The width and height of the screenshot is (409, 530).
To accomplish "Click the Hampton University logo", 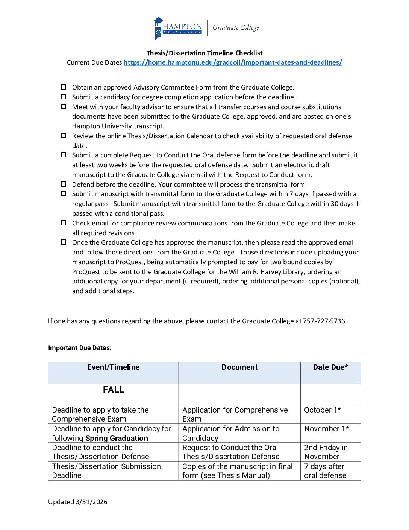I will pos(177,27).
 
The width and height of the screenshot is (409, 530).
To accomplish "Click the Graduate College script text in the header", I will pos(236,27).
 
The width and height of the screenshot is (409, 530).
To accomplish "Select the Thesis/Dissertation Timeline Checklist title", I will pos(204,53).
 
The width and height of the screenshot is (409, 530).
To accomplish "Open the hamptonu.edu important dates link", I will pos(233,62).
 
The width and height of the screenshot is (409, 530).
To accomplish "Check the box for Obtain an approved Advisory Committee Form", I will pos(64,87).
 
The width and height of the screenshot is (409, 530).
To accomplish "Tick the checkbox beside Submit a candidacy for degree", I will pos(64,97).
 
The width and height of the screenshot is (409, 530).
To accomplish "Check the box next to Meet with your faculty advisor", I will pos(64,107).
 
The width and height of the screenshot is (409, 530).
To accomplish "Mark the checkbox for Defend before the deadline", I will pos(64,184).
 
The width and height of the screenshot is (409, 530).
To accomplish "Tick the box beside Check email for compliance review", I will pos(64,223).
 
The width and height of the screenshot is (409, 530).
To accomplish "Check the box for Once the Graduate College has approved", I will pos(64,242).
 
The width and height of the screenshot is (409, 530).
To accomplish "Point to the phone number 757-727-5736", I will pos(324,321).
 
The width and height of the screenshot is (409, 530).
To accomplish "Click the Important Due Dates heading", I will pos(80,348).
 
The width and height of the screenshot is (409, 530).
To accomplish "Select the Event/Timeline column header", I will pos(113,367).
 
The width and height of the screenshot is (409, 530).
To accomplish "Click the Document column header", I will pos(239,367).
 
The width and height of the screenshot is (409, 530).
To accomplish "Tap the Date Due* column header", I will pos(330,367).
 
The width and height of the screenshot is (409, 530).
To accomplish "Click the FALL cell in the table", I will pos(113,390).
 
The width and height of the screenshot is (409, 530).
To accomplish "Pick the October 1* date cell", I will pos(323,410).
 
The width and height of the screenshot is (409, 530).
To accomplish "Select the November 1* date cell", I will pos(327,429).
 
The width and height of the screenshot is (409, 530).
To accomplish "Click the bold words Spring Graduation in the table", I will pos(117,438).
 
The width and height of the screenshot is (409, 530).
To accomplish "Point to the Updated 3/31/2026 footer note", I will pos(78,502).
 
